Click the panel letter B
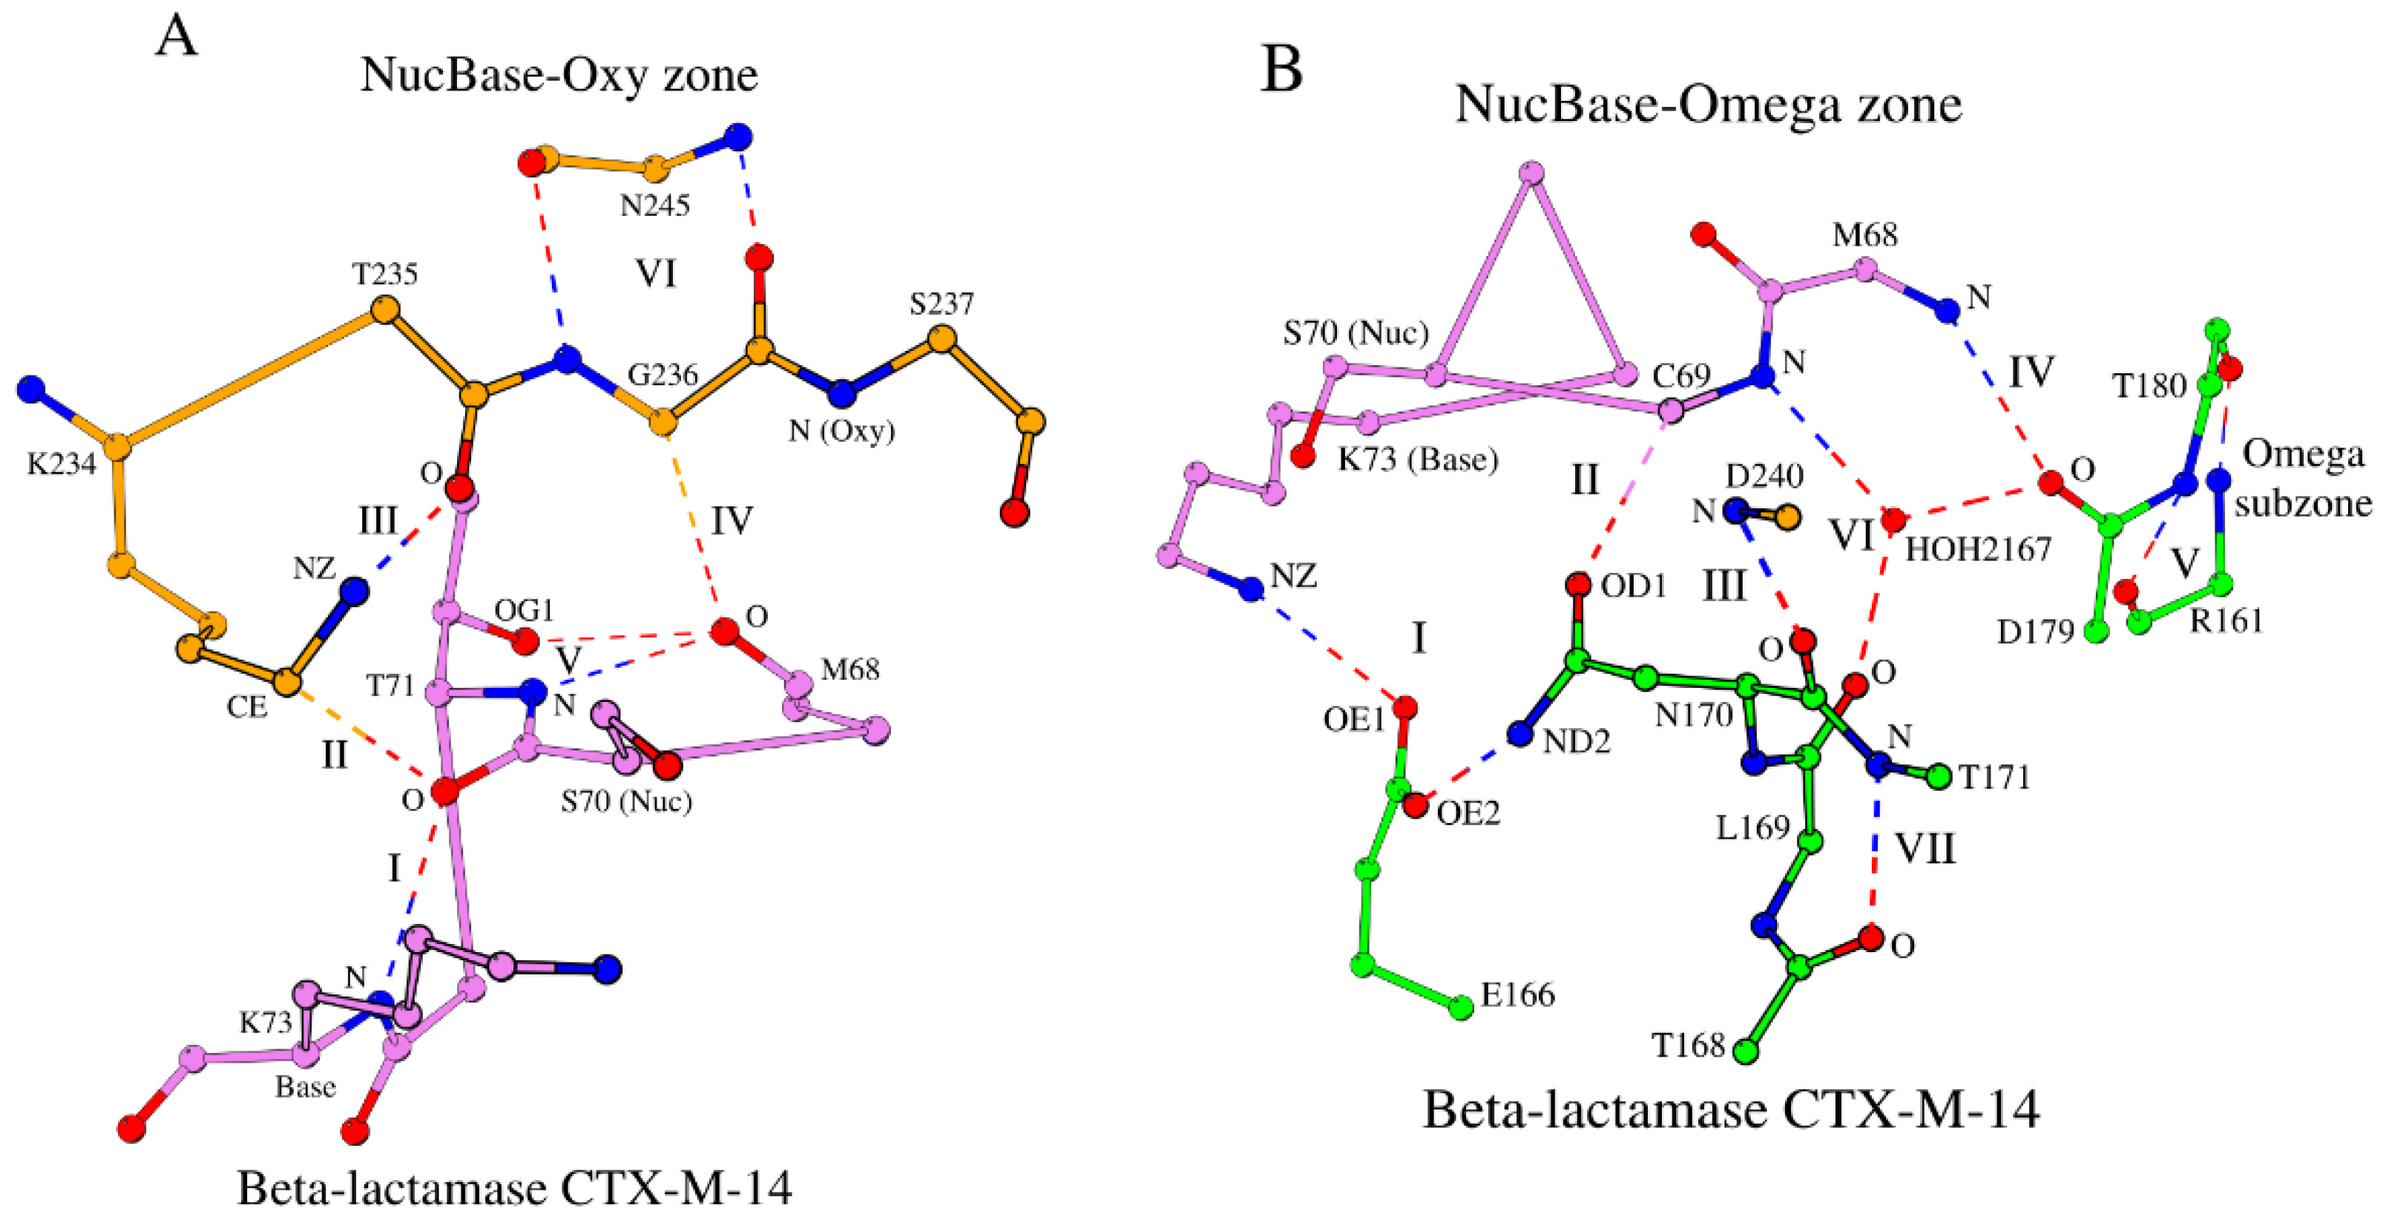pos(1281,70)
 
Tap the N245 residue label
pos(655,205)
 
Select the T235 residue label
pos(384,274)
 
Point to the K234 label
pos(61,463)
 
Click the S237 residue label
pos(941,304)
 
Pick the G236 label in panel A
pos(663,375)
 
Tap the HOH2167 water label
pos(1977,549)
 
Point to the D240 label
pos(1764,476)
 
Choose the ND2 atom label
pos(1577,741)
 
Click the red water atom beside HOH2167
pos(1893,519)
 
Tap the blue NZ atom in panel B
pos(1252,588)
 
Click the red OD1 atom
pos(1578,585)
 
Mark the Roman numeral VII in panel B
pos(1925,848)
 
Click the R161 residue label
pos(2226,620)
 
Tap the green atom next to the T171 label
pos(1939,777)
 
